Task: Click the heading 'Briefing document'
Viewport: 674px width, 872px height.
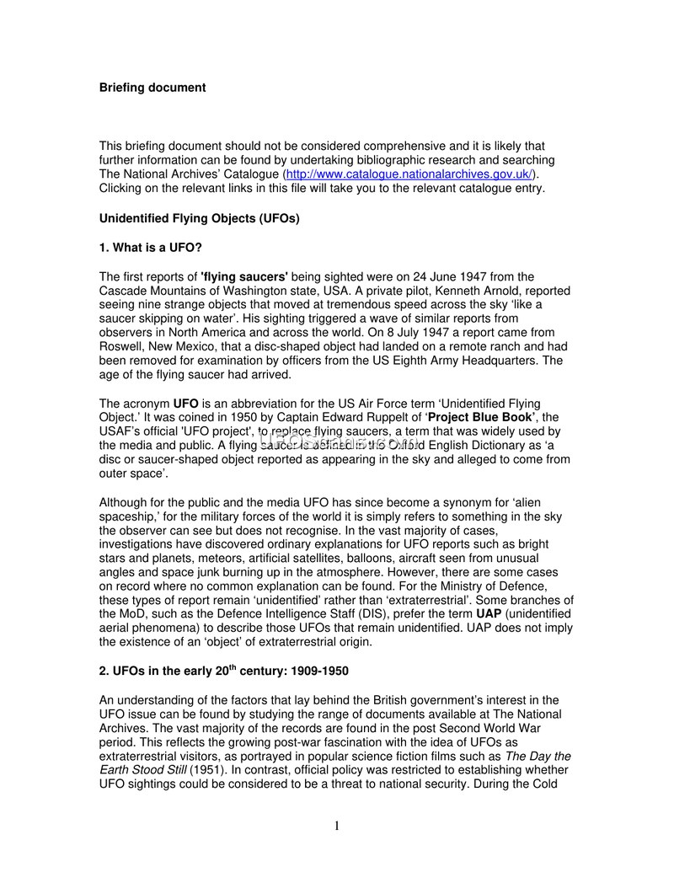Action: point(152,88)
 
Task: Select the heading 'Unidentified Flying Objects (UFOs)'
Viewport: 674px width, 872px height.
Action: point(199,218)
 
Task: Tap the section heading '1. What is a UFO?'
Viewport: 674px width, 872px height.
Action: point(151,248)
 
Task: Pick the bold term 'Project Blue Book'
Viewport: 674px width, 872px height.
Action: point(480,418)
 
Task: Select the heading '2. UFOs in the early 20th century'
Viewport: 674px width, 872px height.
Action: point(223,671)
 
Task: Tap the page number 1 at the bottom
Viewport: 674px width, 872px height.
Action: point(337,827)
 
